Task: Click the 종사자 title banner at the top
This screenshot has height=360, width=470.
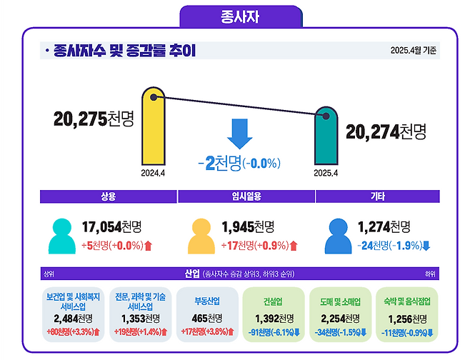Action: [x=235, y=16]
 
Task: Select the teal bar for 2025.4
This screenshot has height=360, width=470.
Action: [x=326, y=136]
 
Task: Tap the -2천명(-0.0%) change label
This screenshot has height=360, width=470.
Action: [x=238, y=163]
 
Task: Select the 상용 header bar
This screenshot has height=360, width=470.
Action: [x=108, y=196]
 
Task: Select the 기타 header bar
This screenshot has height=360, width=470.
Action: [x=377, y=196]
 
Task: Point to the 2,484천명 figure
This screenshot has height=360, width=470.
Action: [x=74, y=319]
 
